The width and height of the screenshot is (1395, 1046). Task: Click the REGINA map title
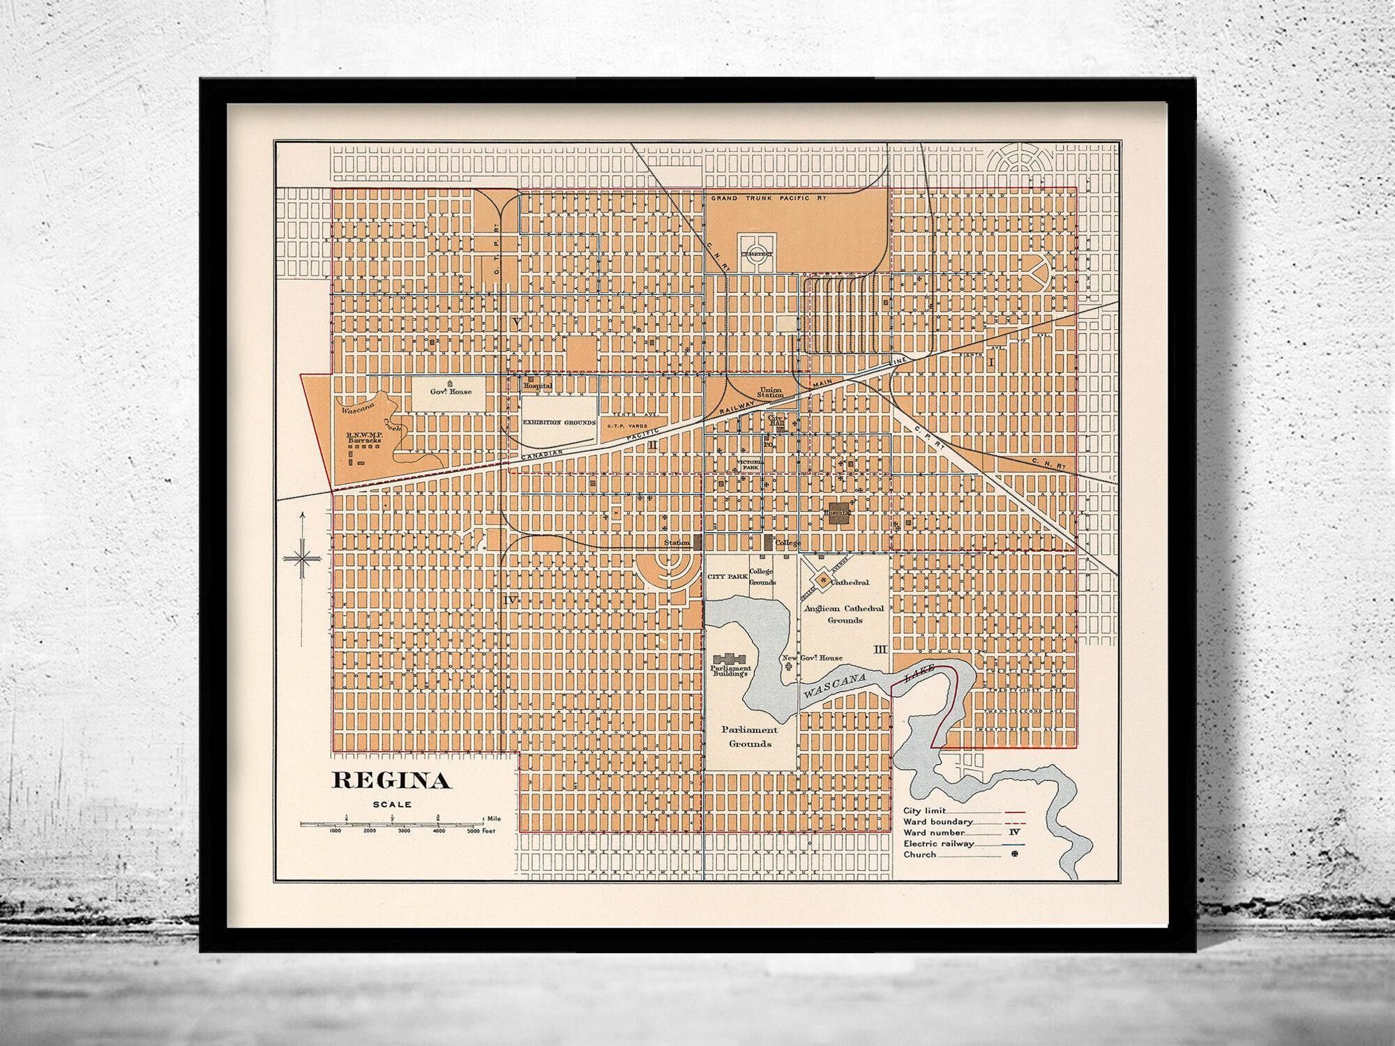[x=391, y=780]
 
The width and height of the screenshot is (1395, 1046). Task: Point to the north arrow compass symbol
[x=302, y=558]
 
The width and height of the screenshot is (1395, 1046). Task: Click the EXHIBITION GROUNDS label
[x=559, y=423]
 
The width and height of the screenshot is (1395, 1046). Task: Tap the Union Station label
[x=771, y=391]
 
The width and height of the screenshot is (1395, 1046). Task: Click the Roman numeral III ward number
[x=880, y=649]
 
